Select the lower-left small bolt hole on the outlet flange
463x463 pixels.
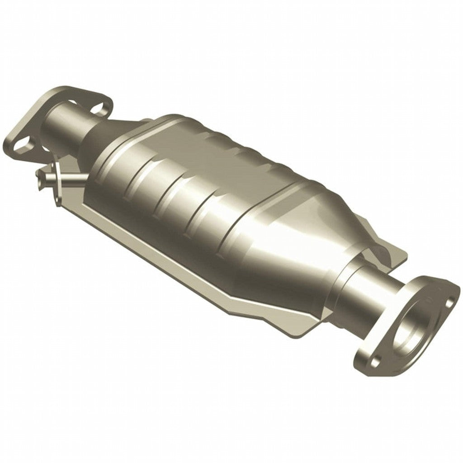coord(374,361)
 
